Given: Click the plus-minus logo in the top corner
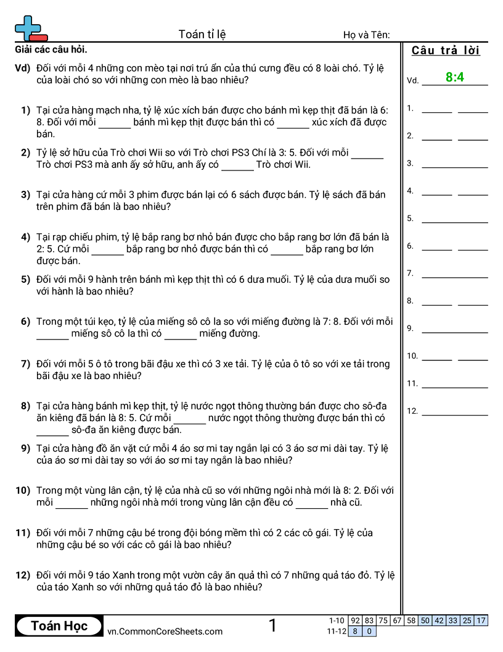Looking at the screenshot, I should coord(30,28).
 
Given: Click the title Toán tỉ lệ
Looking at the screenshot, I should coord(202,34).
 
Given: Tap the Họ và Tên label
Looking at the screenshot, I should coord(366,35).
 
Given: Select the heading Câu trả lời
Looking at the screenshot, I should coord(446,51).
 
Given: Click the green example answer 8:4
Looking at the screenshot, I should coord(454,77).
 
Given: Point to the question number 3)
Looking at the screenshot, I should coord(25,194).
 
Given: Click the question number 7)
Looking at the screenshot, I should coord(25,364).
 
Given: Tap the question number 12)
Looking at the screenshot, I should coord(23,575).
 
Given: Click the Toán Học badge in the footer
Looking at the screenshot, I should coord(59,626).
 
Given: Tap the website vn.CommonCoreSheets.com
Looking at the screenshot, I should coord(165,631).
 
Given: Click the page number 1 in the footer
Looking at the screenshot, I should coord(272,625).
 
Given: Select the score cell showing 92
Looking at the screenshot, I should coord(355,621).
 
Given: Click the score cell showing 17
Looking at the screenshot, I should coord(481,621).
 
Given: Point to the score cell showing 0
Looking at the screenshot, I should coord(369,631).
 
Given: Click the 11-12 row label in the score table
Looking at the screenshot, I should coord(337,631).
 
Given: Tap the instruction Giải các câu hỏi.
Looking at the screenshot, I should coord(54,49).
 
